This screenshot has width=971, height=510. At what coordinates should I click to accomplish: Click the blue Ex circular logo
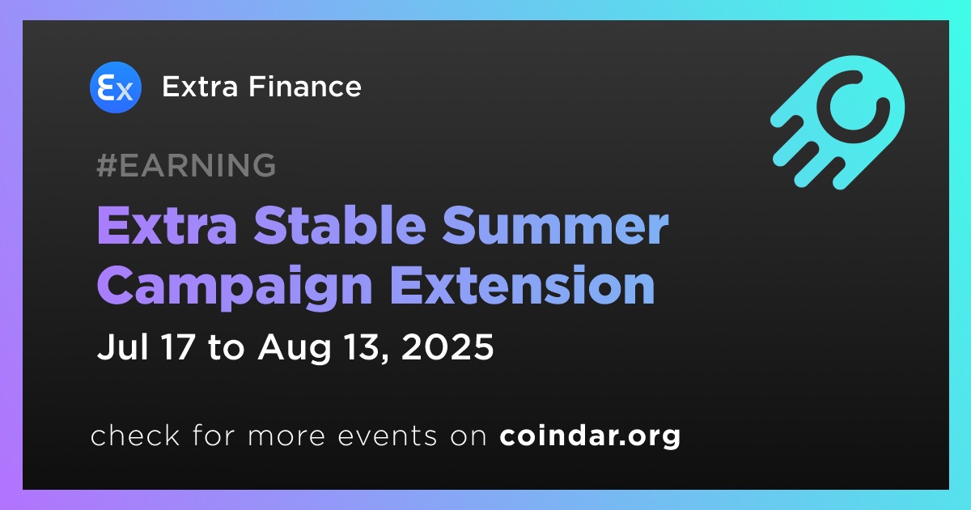click(115, 87)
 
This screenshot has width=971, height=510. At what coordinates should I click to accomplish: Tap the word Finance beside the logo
click(305, 87)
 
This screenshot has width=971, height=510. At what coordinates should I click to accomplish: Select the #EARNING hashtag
click(186, 165)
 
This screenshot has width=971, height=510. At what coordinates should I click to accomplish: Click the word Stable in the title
click(340, 226)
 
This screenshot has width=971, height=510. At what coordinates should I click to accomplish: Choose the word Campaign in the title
click(235, 287)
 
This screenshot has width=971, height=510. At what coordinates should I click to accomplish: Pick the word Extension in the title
click(523, 285)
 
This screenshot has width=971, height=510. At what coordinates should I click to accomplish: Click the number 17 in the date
click(178, 347)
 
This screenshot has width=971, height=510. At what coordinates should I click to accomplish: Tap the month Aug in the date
click(295, 348)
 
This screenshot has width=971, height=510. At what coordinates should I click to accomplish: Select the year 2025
click(447, 347)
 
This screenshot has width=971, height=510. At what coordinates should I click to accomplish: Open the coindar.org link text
click(590, 436)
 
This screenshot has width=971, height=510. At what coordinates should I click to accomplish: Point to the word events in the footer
click(387, 436)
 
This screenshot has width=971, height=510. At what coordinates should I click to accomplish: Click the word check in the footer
click(135, 435)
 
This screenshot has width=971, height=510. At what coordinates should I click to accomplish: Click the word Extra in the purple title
click(167, 226)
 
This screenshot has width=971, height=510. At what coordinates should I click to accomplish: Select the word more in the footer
click(286, 436)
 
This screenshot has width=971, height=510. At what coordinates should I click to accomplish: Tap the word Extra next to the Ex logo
click(201, 87)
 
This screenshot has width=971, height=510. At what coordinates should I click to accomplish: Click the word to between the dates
click(226, 348)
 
